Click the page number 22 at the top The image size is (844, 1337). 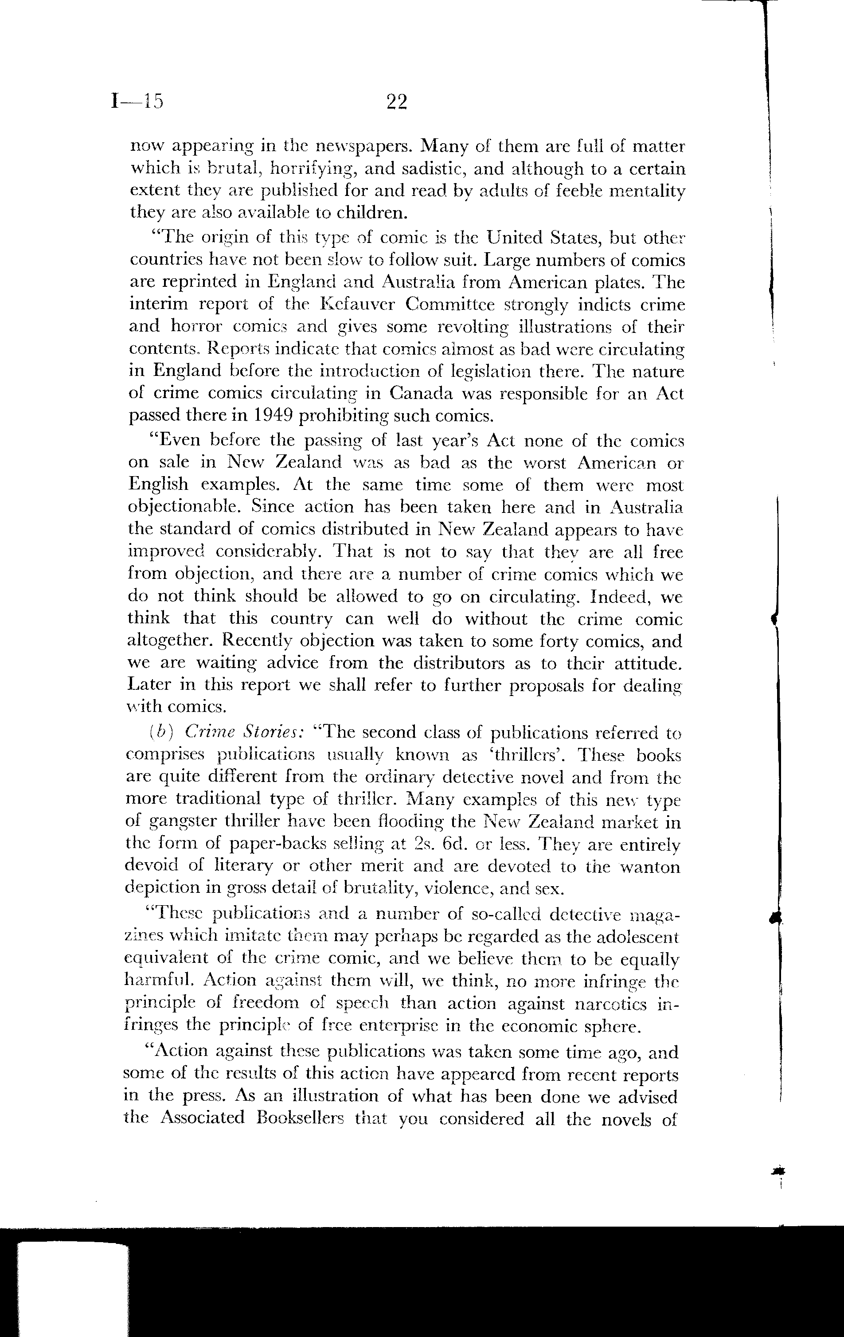396,102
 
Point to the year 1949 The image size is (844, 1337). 266,416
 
